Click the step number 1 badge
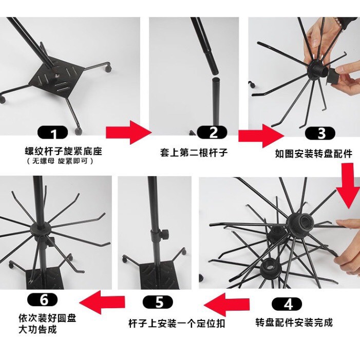pyautogui.click(x=52, y=132)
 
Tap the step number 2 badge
pyautogui.click(x=212, y=132)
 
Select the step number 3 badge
pyautogui.click(x=320, y=133)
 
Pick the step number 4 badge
pyautogui.click(x=287, y=304)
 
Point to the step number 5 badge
pyautogui.click(x=158, y=302)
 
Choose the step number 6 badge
pyautogui.click(x=43, y=299)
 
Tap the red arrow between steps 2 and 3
pyautogui.click(x=261, y=136)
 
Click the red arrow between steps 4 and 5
pyautogui.click(x=226, y=305)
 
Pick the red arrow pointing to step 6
pyautogui.click(x=102, y=302)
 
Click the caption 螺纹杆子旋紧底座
pyautogui.click(x=63, y=151)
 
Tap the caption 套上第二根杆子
pyautogui.click(x=194, y=153)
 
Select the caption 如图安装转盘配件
pyautogui.click(x=314, y=154)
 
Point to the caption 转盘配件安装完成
pyautogui.click(x=294, y=323)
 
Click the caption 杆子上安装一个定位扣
pyautogui.click(x=177, y=324)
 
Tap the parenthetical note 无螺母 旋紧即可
pyautogui.click(x=60, y=161)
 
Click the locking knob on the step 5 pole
pyautogui.click(x=164, y=234)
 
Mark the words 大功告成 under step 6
pyautogui.click(x=37, y=330)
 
